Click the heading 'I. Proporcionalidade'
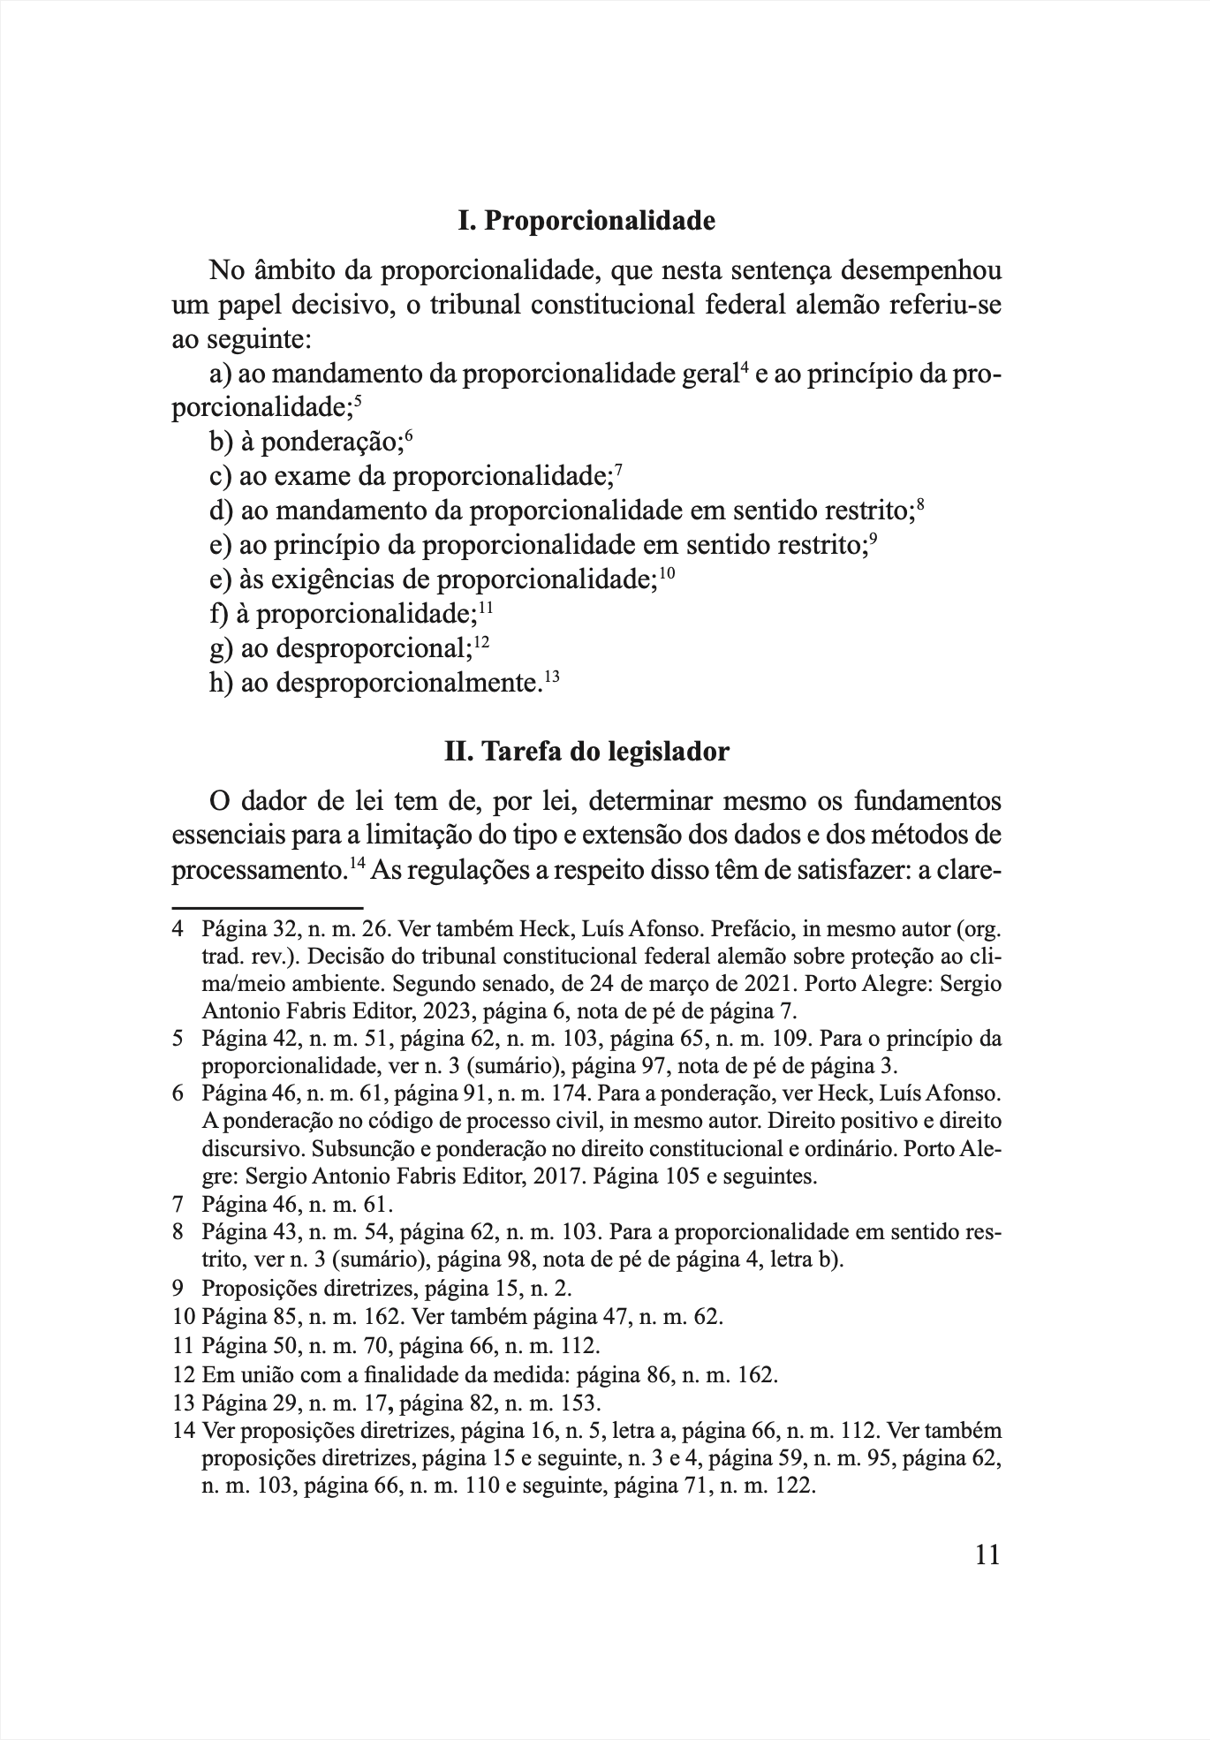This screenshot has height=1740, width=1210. click(586, 221)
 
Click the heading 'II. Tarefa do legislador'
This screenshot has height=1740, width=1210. click(586, 752)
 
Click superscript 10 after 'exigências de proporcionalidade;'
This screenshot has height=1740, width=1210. click(666, 574)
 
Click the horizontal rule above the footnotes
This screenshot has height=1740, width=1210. click(268, 907)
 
